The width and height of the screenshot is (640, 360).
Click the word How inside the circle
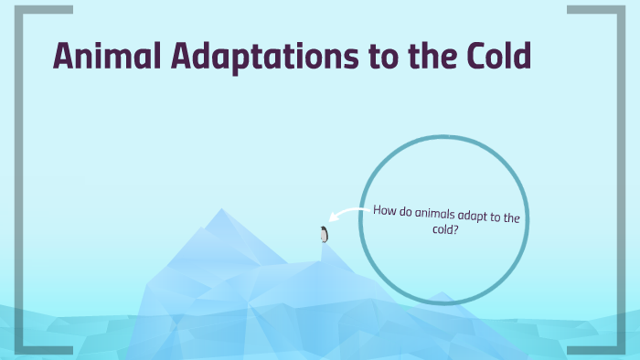pos(383,209)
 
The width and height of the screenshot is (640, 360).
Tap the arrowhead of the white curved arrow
pos(332,217)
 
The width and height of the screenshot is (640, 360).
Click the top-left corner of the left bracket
pos(19,9)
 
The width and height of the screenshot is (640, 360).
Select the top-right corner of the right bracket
pos(619,9)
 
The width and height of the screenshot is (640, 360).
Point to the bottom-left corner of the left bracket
pos(19,350)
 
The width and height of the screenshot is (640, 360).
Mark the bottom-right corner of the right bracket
pos(619,350)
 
